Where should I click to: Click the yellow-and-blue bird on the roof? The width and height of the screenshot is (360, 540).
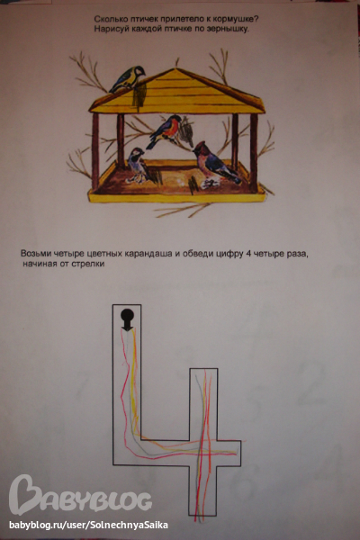127,79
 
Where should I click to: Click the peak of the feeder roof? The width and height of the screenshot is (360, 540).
175,69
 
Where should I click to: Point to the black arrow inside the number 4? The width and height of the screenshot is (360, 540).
127,319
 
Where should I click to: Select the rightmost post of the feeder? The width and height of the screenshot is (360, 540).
254,153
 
